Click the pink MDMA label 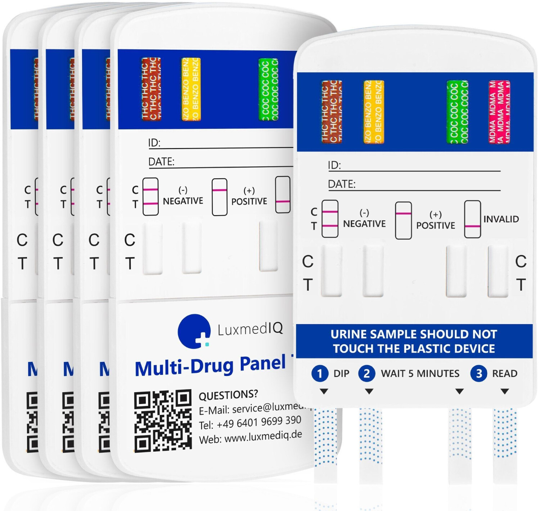tap(499, 112)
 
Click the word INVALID tap(501, 219)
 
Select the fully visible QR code tap(163, 420)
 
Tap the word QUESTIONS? tap(228, 395)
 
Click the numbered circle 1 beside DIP tap(320, 373)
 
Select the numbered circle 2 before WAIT tap(366, 373)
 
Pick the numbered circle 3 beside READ tap(479, 373)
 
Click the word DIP tap(341, 373)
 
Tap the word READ tap(505, 373)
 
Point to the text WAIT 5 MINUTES tap(420, 373)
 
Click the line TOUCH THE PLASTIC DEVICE tap(414, 349)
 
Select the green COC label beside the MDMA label tap(457, 112)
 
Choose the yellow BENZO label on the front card tap(374, 112)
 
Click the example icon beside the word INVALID tap(472, 219)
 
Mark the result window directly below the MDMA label tap(498, 271)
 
